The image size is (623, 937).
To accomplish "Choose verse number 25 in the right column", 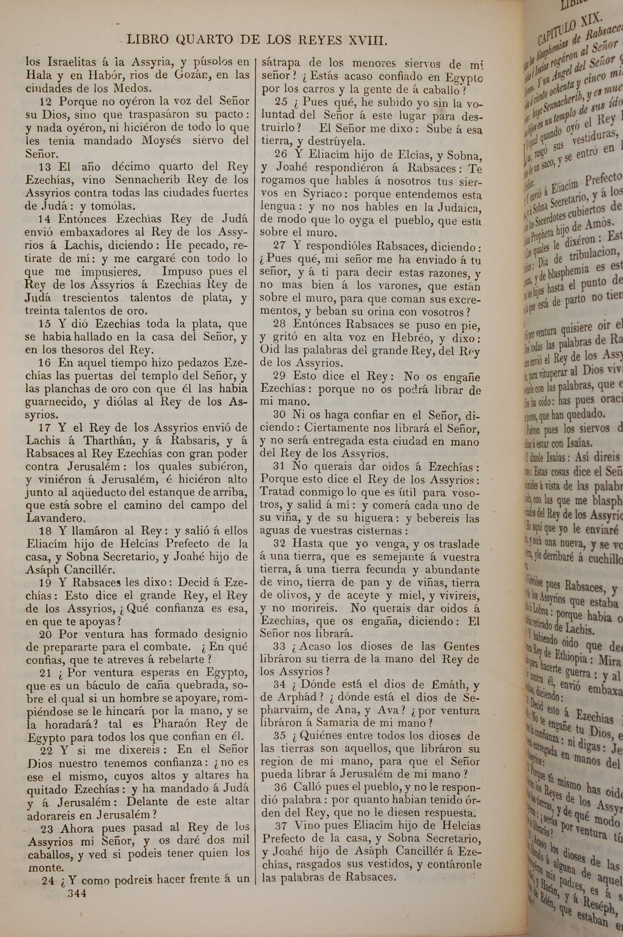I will coord(281,102).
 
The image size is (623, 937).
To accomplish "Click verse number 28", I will coord(280,325).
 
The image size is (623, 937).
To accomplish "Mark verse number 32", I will coord(281,544).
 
